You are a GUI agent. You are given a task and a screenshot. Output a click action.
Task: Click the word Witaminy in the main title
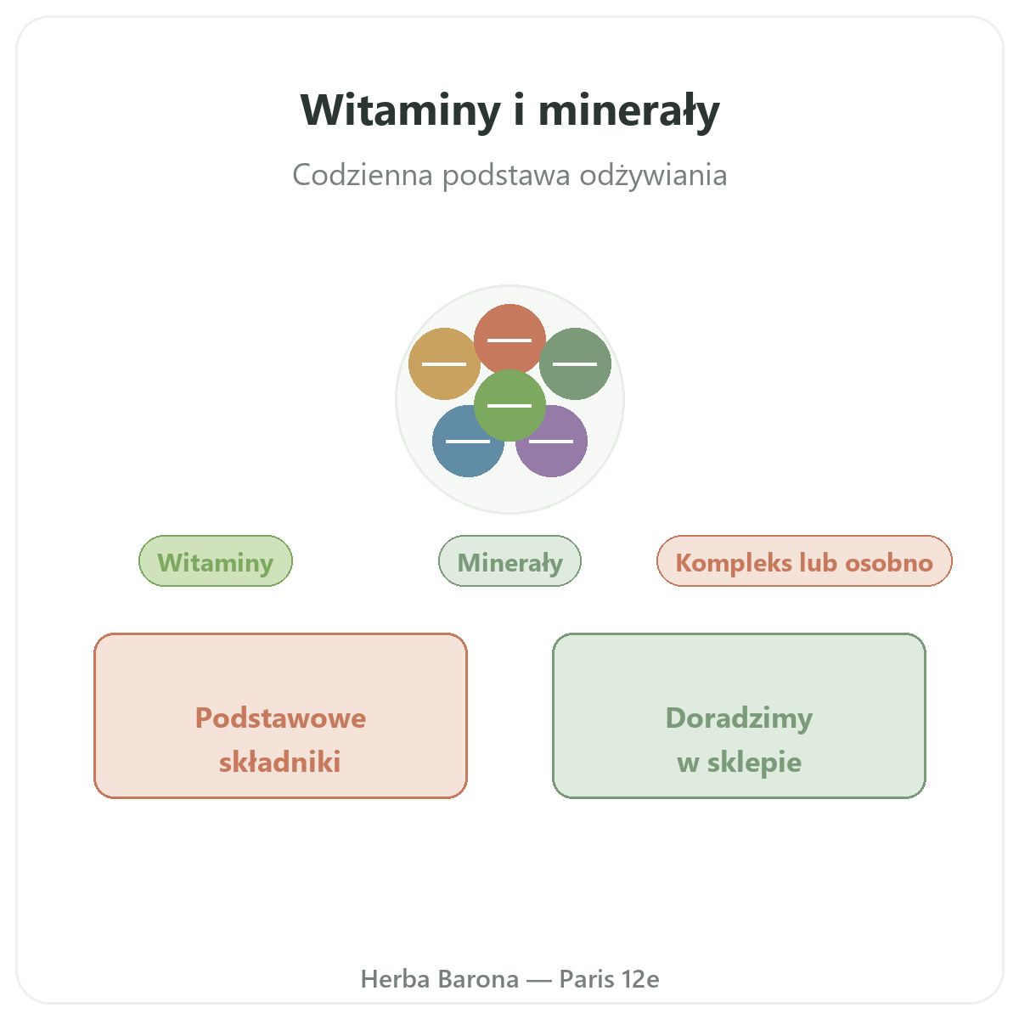click(400, 110)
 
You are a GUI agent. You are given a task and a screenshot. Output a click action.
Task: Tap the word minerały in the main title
click(628, 110)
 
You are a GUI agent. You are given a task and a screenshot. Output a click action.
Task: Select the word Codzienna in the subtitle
click(363, 175)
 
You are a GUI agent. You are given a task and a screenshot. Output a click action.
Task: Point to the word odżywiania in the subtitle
click(654, 175)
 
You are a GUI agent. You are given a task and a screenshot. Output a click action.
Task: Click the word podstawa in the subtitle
click(506, 175)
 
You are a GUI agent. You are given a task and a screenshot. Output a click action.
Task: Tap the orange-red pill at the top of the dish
click(509, 340)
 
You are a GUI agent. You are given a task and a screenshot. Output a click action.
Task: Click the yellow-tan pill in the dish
click(443, 363)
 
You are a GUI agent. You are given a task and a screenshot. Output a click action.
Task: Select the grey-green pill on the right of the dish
click(575, 363)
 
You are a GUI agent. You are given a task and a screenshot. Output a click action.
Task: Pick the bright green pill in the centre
click(509, 405)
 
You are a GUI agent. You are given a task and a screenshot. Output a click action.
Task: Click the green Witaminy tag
click(215, 560)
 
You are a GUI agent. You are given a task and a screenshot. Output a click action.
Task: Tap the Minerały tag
click(509, 560)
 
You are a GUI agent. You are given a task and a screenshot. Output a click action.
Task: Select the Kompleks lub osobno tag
click(804, 560)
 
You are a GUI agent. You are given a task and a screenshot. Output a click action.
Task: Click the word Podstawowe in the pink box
click(280, 718)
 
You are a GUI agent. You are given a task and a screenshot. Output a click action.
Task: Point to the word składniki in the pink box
click(279, 762)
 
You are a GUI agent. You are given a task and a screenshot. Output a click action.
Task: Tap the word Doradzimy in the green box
click(739, 718)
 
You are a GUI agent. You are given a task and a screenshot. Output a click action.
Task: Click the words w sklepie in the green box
click(739, 763)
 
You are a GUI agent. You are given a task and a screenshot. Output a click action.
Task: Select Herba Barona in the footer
click(439, 979)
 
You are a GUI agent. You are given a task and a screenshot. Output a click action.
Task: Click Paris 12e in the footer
click(609, 979)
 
